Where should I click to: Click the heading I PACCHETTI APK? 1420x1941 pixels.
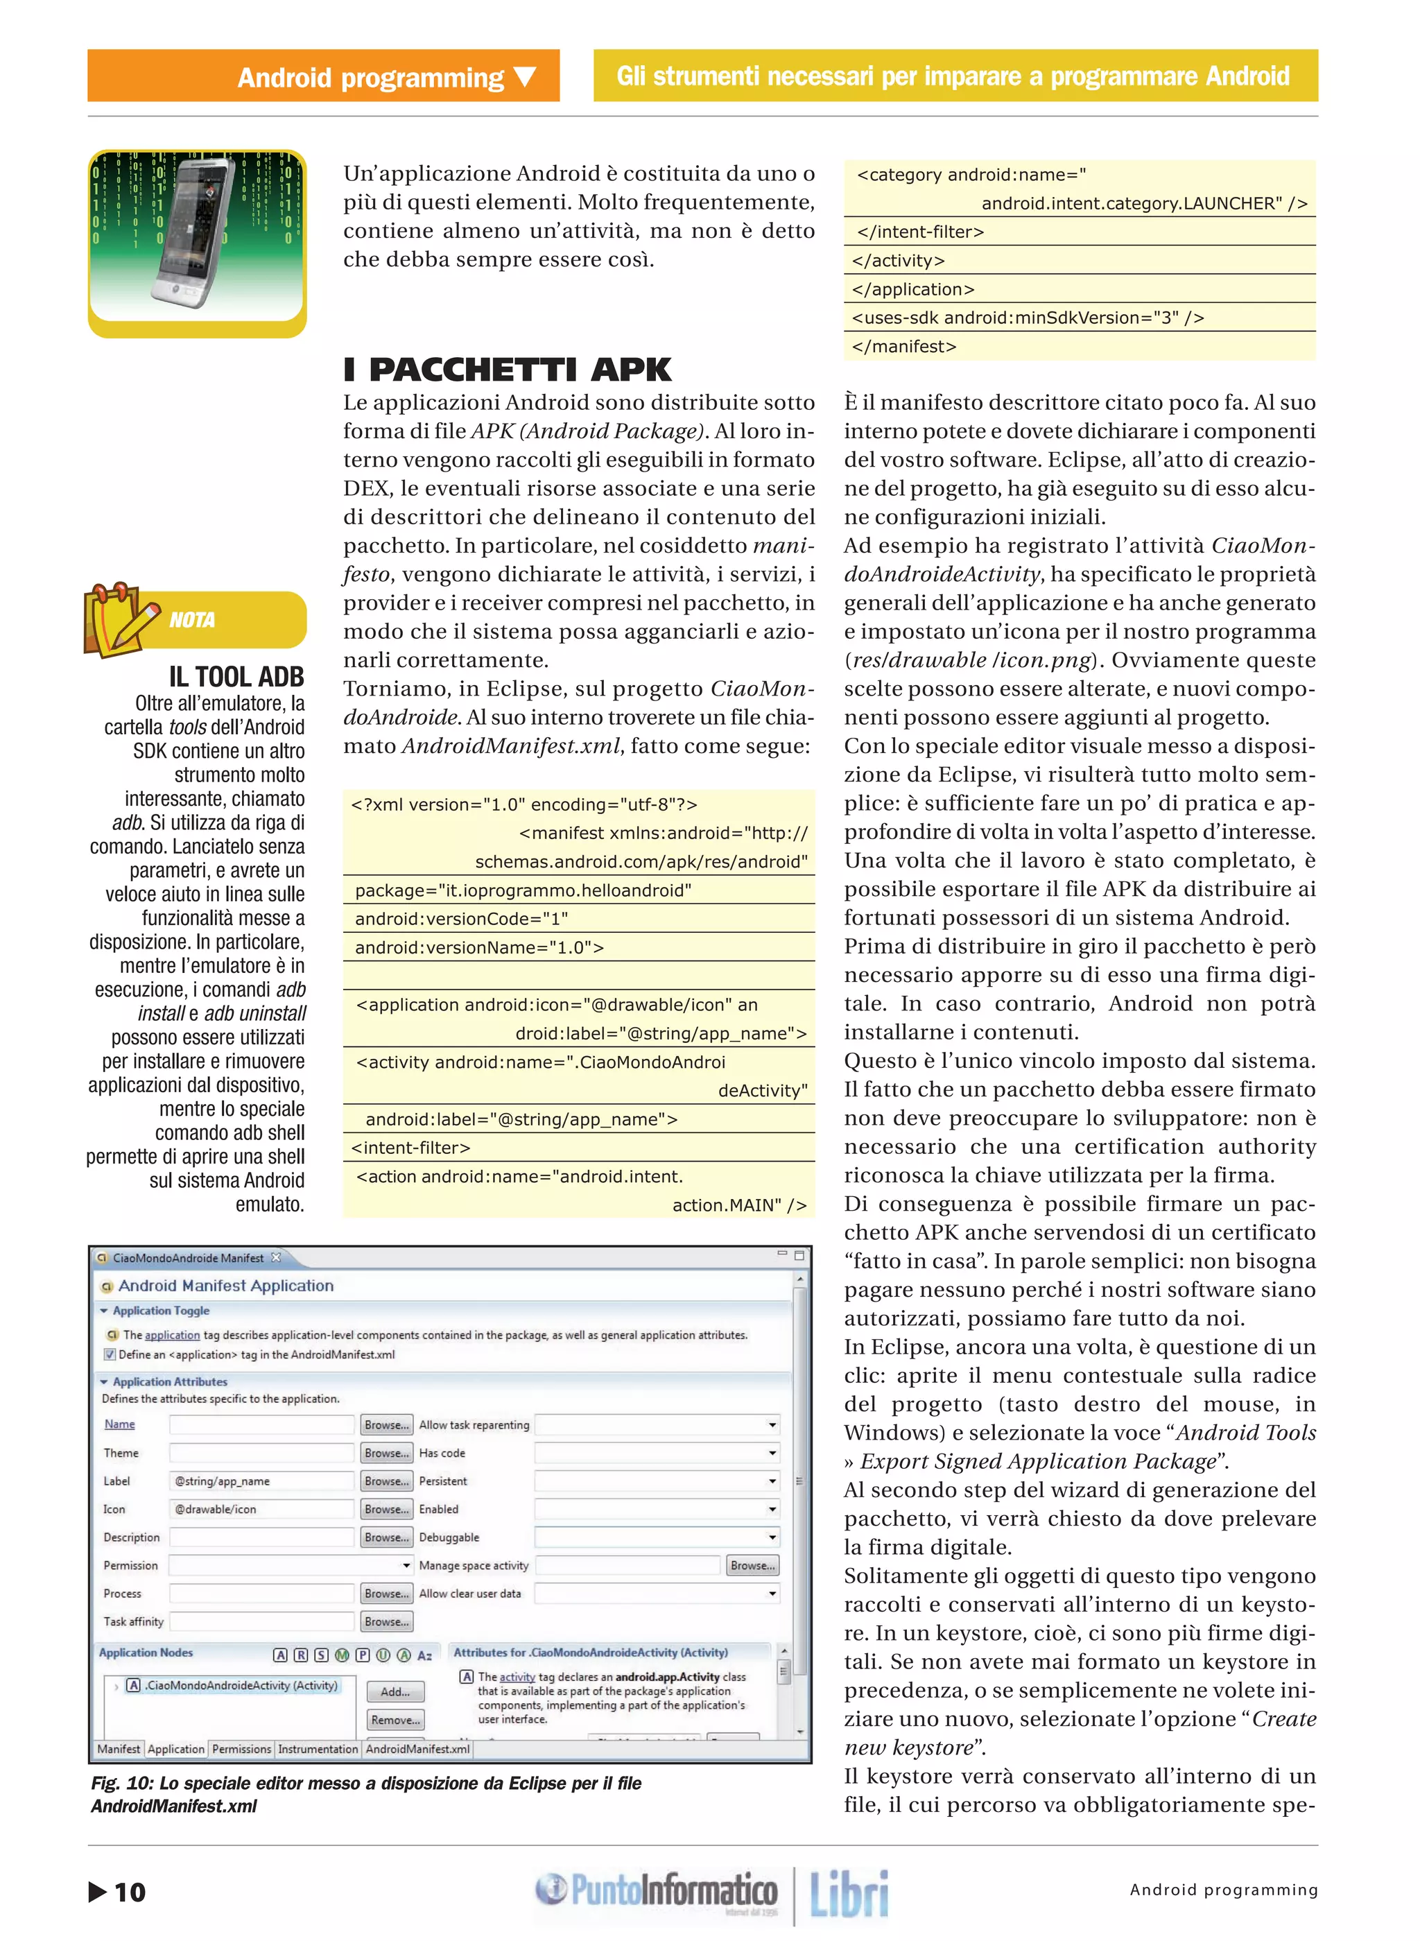point(507,370)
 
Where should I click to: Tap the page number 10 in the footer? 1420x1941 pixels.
point(130,1892)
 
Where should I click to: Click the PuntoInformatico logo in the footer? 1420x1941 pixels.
point(657,1892)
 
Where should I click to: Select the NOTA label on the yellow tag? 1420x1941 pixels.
point(191,620)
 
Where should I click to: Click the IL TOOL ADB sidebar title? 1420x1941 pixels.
point(236,678)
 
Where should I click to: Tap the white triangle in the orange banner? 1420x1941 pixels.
point(525,78)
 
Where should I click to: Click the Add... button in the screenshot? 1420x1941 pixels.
point(395,1692)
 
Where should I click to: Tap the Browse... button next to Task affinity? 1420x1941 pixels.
point(386,1621)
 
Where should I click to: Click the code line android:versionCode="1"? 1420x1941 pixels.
point(462,919)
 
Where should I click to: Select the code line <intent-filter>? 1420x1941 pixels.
point(411,1148)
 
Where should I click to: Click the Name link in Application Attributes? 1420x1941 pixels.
point(119,1424)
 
